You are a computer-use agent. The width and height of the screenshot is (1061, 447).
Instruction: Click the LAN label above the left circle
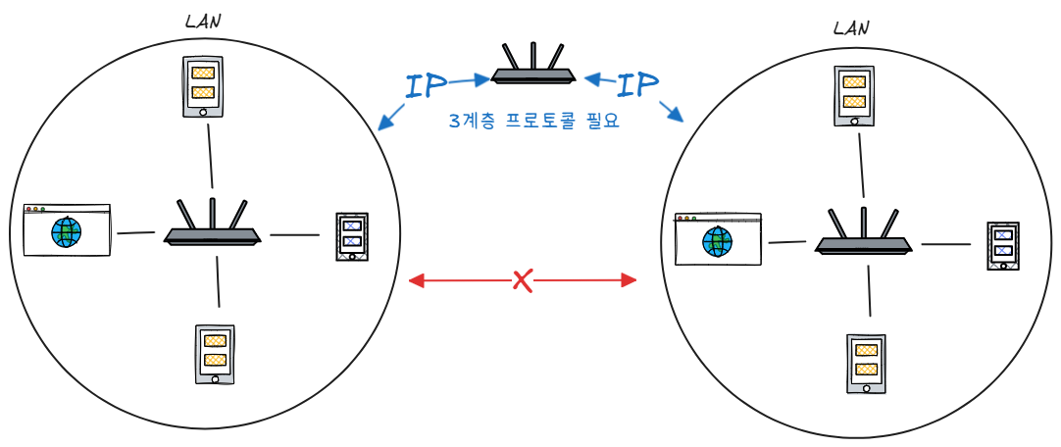(x=203, y=20)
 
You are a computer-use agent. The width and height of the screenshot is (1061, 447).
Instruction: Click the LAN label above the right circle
(x=850, y=28)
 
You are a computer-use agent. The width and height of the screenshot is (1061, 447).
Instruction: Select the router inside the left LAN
(x=212, y=224)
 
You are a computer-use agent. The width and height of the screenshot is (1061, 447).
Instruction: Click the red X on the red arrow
(x=523, y=281)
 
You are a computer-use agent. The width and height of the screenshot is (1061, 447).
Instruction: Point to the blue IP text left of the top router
(x=426, y=85)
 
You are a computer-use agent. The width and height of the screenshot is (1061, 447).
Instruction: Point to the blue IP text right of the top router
(x=638, y=85)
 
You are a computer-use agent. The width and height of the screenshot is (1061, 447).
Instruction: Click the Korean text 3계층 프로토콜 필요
(x=534, y=123)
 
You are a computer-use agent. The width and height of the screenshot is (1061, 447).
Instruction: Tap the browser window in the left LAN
(x=67, y=230)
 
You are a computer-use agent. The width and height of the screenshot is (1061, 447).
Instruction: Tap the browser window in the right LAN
(x=718, y=239)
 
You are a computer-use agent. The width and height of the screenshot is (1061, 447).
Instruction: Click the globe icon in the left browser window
(x=67, y=233)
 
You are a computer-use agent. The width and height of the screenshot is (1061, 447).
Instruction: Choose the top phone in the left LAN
(x=203, y=86)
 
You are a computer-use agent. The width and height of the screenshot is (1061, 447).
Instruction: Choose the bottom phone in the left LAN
(x=215, y=354)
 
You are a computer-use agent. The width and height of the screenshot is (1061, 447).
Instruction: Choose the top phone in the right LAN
(x=854, y=96)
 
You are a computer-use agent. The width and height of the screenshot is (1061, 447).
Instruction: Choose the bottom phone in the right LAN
(x=866, y=364)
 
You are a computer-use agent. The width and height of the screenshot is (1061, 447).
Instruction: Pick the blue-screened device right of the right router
(x=1002, y=246)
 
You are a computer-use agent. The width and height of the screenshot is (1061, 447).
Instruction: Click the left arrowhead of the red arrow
(x=415, y=282)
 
